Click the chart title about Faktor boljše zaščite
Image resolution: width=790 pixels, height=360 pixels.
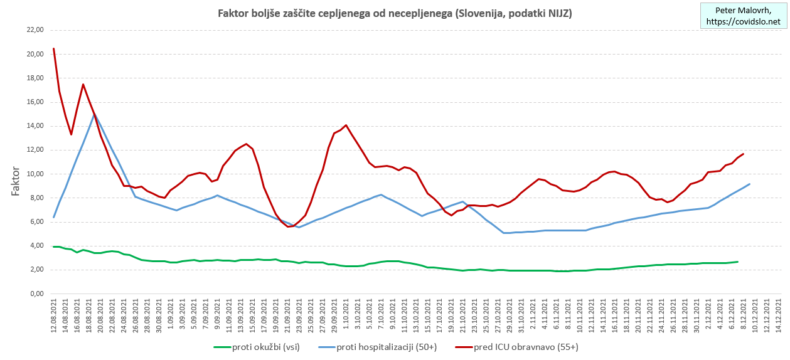394,13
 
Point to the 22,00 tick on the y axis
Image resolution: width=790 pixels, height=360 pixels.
32,30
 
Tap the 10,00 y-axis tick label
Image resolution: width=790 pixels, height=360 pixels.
32,174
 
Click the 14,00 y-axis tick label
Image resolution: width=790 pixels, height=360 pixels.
32,126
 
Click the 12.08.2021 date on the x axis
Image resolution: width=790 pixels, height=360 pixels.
54,317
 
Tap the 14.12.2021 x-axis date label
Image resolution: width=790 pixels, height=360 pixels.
779,317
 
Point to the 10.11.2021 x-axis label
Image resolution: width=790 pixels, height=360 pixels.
578,317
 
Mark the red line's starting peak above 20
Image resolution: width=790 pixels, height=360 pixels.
54,48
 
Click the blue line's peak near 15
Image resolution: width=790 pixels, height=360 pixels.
95,114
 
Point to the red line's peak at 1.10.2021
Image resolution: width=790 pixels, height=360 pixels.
346,125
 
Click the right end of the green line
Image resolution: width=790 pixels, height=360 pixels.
737,262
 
